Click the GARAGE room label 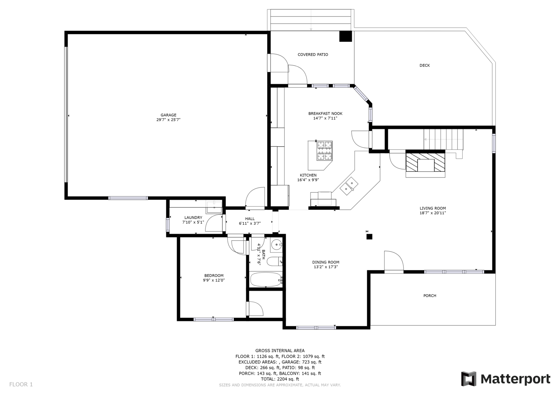point(168,115)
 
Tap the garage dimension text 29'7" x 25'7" point(168,120)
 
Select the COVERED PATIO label point(313,55)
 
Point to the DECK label point(425,65)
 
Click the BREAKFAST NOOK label point(325,113)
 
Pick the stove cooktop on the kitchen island point(325,151)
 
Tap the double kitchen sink point(349,186)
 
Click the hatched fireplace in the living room point(425,162)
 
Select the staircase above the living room point(443,139)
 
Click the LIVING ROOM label point(433,208)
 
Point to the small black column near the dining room point(369,237)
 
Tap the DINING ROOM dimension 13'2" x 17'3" point(326,267)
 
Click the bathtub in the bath point(266,280)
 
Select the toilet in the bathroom point(274,262)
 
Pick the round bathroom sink point(276,244)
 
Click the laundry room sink point(214,207)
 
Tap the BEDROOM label point(214,276)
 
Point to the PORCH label point(430,296)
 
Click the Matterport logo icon point(469,379)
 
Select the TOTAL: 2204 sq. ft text point(280,379)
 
